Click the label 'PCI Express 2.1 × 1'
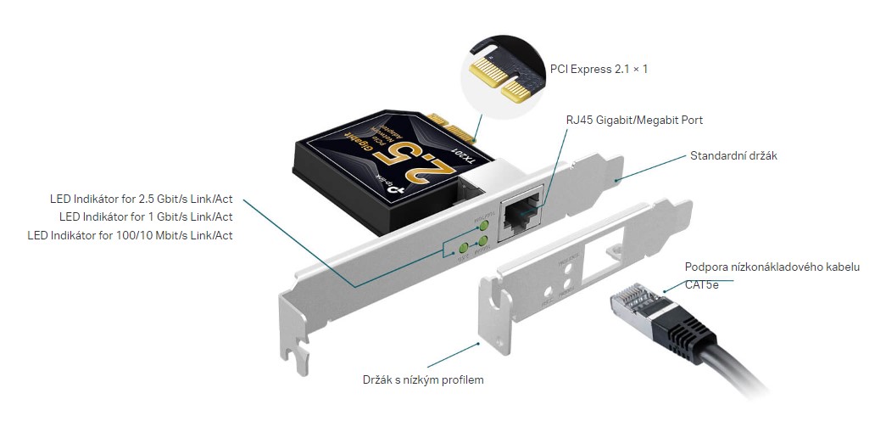[x=599, y=69]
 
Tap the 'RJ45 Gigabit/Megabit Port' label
[x=634, y=120]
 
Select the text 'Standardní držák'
[x=734, y=155]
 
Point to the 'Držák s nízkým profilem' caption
[x=422, y=379]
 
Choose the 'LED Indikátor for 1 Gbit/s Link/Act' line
[x=146, y=216]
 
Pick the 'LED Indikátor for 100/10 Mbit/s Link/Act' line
[x=130, y=234]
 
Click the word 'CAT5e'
[x=701, y=284]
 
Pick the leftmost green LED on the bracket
[x=463, y=249]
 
